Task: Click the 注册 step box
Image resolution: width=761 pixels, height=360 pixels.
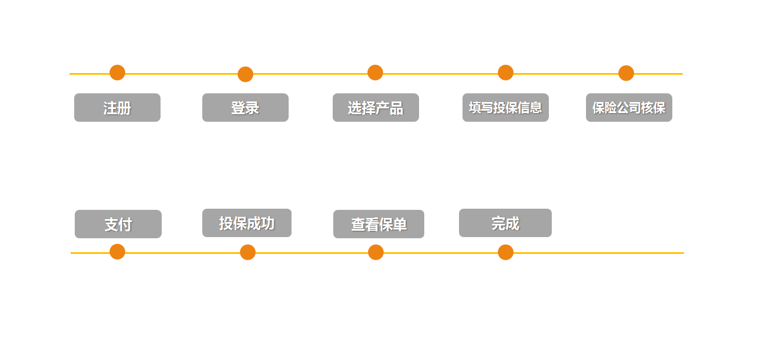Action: (117, 107)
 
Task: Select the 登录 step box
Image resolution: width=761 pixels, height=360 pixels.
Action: (245, 107)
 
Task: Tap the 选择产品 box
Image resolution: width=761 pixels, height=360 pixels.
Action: (376, 107)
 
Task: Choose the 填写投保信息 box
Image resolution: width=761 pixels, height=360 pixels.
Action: (505, 107)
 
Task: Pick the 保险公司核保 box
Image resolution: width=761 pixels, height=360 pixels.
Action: (629, 107)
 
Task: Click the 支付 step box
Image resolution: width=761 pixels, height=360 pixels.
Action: (118, 224)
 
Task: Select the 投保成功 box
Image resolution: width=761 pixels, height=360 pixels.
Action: (247, 223)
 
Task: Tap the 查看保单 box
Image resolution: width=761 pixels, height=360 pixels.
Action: (378, 224)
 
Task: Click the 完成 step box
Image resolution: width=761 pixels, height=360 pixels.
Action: (505, 223)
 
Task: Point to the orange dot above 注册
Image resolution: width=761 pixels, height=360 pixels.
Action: (117, 72)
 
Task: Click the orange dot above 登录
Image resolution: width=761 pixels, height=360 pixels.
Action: (245, 74)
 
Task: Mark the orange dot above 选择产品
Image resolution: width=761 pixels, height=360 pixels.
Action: (375, 72)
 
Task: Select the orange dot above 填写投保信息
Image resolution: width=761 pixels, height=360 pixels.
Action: (505, 72)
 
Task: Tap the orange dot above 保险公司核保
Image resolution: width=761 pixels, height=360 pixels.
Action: (626, 73)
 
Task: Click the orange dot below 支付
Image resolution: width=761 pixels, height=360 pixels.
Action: (117, 252)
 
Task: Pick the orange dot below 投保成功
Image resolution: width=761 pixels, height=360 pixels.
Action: (247, 252)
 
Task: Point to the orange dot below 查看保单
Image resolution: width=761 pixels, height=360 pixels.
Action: (376, 252)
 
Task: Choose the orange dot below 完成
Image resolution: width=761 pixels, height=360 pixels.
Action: (505, 252)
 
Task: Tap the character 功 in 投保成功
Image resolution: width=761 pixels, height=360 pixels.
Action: (267, 223)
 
